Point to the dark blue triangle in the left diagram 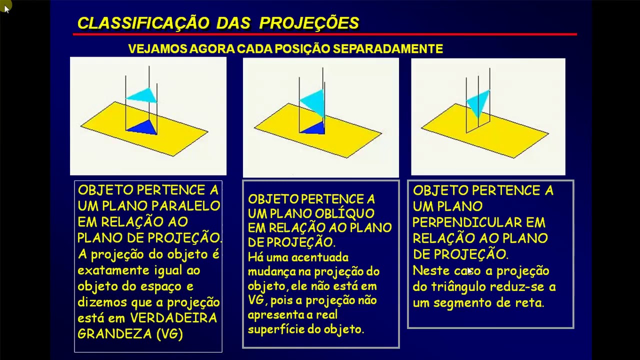(x=143, y=127)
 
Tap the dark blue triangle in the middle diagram (x=314, y=128)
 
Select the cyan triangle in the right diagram (x=477, y=103)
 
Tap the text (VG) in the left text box (x=169, y=334)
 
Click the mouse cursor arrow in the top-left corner (x=6, y=8)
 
